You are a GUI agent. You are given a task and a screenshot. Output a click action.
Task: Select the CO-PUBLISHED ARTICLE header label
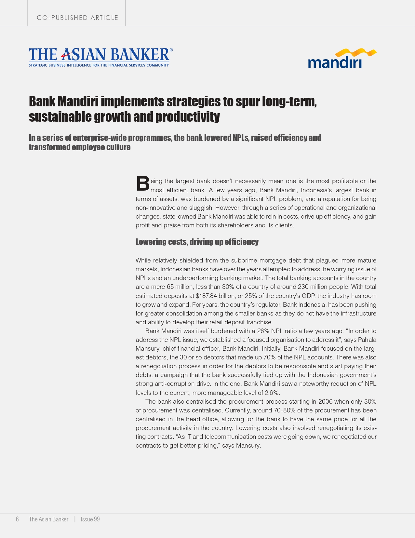[x=77, y=18]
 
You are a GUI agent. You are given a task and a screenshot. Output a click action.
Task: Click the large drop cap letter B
[x=142, y=184]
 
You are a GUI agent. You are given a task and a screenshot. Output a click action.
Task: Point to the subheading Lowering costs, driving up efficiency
[x=197, y=242]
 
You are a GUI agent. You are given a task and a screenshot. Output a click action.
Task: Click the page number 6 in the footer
[x=17, y=519]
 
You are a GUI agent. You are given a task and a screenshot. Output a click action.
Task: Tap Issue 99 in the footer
[x=90, y=519]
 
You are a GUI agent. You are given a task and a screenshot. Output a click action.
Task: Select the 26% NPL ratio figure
[x=263, y=331]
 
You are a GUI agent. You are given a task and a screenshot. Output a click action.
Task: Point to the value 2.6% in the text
[x=272, y=393]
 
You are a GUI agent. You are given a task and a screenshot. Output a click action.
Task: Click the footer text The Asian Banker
[x=49, y=519]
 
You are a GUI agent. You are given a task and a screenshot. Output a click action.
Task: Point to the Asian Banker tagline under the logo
[x=99, y=65]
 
